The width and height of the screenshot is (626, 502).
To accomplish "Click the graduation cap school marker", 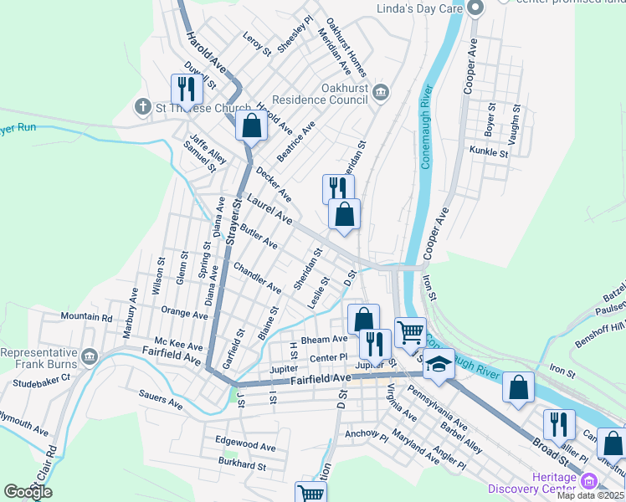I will (439, 365).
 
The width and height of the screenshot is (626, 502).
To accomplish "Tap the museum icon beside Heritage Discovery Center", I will (589, 481).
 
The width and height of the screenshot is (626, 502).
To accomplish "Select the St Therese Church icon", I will (141, 107).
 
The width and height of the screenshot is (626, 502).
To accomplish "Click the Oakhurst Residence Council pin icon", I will (381, 91).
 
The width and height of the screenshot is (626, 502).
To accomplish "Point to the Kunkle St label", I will (490, 153).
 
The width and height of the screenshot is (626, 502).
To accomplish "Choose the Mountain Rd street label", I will (86, 318).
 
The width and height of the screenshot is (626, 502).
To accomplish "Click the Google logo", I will (28, 492).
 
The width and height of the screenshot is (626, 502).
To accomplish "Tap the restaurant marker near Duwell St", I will (186, 89).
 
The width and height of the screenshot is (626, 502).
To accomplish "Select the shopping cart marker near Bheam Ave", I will (410, 332).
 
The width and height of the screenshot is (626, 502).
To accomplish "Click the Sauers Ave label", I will (161, 402).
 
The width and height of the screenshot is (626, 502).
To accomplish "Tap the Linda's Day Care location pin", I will (476, 9).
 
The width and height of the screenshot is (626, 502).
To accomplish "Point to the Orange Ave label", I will (184, 314).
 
